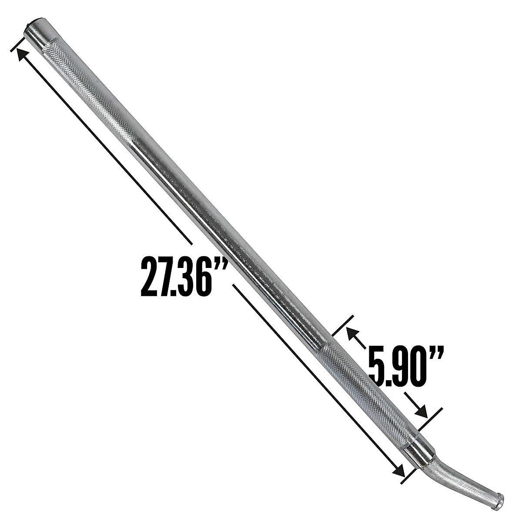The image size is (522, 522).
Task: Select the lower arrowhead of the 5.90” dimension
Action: click(x=421, y=411)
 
